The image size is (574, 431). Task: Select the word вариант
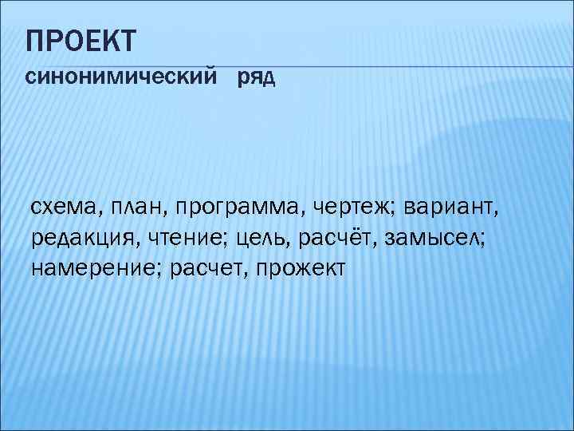pyautogui.click(x=451, y=208)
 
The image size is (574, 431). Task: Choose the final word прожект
pyautogui.click(x=302, y=268)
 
